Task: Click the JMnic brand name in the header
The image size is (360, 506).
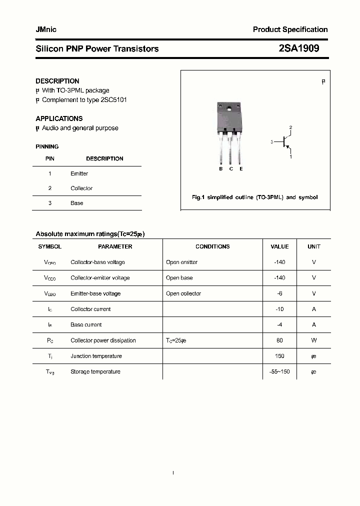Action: pos(46,29)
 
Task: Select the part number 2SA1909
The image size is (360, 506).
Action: pos(298,48)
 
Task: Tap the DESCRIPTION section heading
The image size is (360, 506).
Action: pos(57,81)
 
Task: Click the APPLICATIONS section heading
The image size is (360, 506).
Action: pos(59,118)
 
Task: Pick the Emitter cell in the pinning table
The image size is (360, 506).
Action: pos(79,173)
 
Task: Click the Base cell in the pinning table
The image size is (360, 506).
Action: pos(76,203)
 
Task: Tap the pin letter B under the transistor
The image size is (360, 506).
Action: pos(220,169)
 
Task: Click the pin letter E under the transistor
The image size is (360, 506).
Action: pos(241,169)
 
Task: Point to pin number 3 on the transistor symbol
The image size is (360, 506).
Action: pos(272,142)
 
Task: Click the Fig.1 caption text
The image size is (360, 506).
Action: pos(254,197)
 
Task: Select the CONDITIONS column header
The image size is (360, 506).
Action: pos(212,246)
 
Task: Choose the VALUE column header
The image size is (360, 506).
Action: pos(279,246)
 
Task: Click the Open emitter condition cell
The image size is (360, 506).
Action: pos(181,262)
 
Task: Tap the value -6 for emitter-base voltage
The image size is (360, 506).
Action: pos(279,293)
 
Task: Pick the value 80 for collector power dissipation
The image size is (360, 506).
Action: pos(279,340)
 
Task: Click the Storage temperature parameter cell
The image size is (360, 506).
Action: pos(95,371)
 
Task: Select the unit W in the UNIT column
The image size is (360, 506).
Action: pos(314,340)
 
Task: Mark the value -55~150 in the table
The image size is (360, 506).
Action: pos(279,371)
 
